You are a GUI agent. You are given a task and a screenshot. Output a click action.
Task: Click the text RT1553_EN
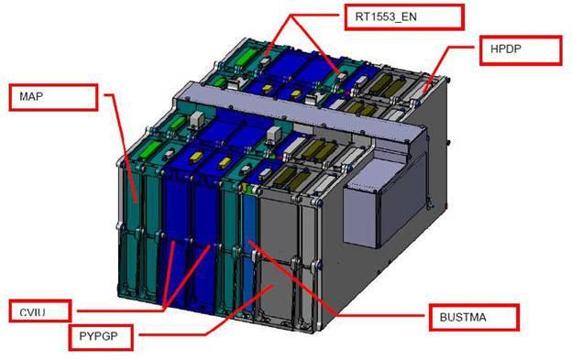coord(386,16)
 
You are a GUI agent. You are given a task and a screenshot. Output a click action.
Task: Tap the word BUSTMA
coord(463,317)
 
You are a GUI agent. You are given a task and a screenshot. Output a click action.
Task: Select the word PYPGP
coord(98,336)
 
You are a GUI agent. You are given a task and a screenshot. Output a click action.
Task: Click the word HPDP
coord(506,49)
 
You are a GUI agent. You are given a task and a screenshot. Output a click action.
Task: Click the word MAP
coord(31,96)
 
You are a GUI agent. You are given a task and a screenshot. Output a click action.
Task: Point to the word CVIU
coord(32,312)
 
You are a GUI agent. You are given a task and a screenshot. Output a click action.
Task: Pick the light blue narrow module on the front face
coord(248,251)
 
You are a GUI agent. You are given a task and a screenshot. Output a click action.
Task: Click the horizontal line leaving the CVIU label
coord(120,311)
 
